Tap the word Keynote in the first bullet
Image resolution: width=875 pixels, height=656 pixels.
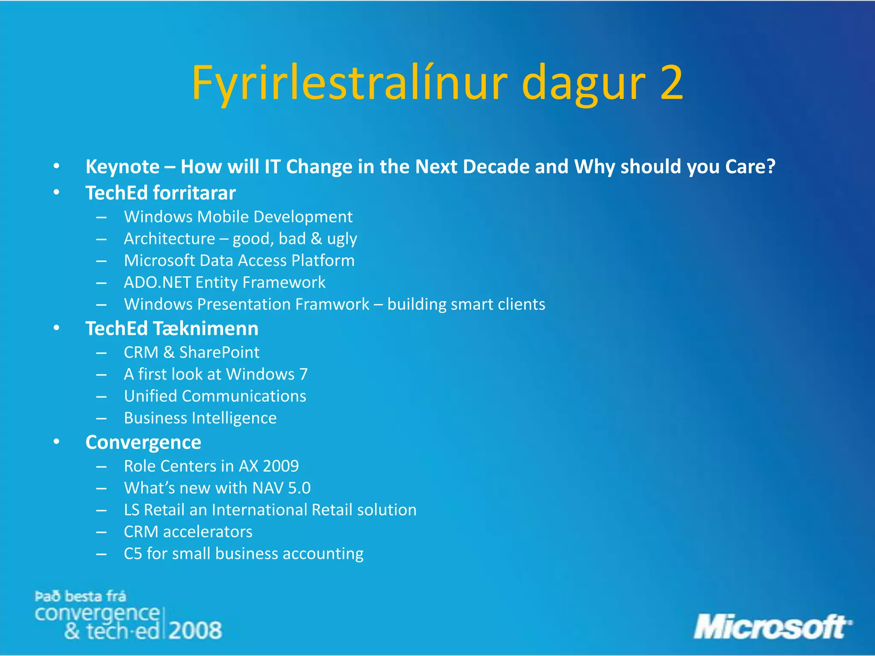(122, 167)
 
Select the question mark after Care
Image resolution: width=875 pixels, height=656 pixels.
(771, 167)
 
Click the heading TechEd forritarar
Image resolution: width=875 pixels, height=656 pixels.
(160, 193)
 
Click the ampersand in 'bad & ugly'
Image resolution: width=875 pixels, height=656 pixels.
(316, 239)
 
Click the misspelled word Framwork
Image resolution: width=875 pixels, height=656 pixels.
(332, 305)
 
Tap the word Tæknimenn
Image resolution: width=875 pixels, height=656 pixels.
(206, 329)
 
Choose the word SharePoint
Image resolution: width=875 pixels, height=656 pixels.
(219, 353)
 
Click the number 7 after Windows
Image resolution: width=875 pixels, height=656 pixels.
(303, 375)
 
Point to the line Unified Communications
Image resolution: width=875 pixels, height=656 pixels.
(215, 396)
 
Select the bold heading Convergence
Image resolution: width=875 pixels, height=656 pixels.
(143, 442)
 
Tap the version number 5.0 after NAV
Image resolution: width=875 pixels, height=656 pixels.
(299, 488)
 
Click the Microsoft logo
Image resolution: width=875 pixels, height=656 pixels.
(772, 627)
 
